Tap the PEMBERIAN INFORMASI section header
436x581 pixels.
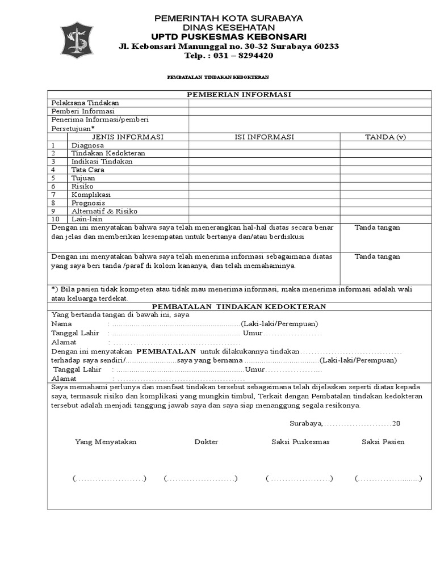pos(239,94)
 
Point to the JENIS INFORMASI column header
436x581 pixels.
pos(128,137)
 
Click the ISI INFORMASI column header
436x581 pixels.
pos(264,137)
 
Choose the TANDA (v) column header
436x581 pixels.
pos(385,137)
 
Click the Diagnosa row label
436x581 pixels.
pos(87,145)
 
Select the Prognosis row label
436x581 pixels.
pos(88,203)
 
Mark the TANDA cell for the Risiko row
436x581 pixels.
pos(385,186)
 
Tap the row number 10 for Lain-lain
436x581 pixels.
pos(55,219)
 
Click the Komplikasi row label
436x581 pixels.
pos(91,195)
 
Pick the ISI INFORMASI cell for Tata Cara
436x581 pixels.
pos(264,170)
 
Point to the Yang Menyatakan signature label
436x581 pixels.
pos(106,441)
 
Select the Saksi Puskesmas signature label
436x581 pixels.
pos(300,441)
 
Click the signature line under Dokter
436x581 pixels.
pos(201,479)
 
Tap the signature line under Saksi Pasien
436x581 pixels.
pos(388,479)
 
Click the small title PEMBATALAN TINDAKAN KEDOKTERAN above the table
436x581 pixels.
pos(217,77)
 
